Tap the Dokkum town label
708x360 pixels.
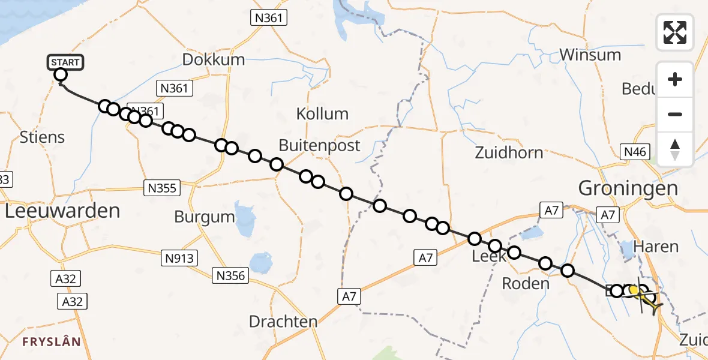pos(214,59)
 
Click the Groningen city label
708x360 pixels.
pos(628,188)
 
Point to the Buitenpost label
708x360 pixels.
pos(319,145)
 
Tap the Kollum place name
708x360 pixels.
pos(322,113)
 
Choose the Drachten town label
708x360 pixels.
pos(283,322)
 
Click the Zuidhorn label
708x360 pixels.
pos(509,152)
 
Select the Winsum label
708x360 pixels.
pos(590,55)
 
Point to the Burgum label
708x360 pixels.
pos(203,217)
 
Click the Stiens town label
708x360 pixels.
pos(42,137)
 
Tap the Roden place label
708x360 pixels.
pos(526,284)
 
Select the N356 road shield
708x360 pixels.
pos(230,275)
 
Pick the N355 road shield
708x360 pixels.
pos(162,188)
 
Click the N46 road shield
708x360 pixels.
pos(635,152)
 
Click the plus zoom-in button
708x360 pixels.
pos(675,79)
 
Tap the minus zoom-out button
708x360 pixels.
pos(675,114)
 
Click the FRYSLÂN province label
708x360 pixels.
pos(51,342)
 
